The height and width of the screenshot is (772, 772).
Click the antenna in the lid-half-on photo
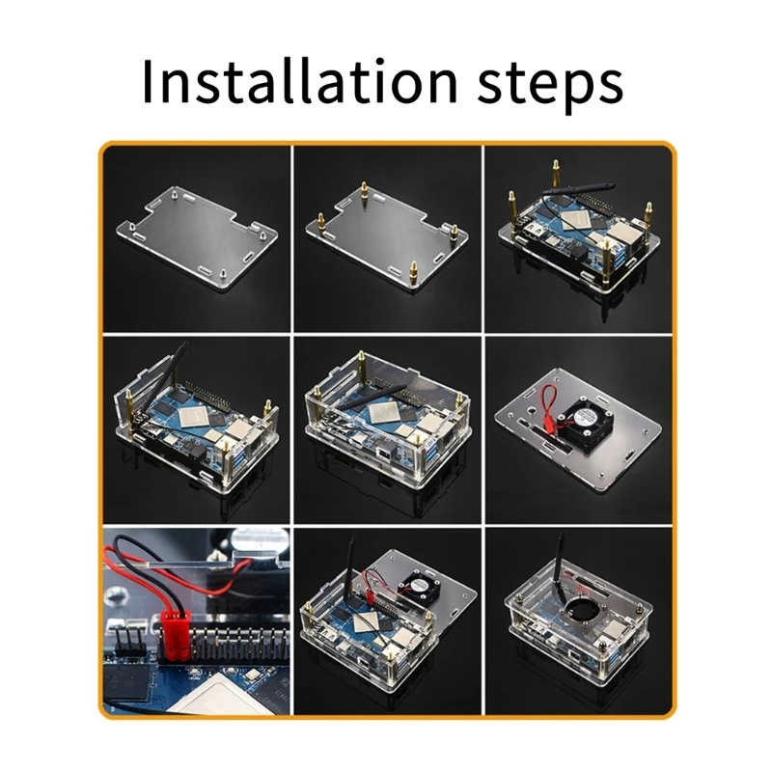[x=346, y=590]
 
